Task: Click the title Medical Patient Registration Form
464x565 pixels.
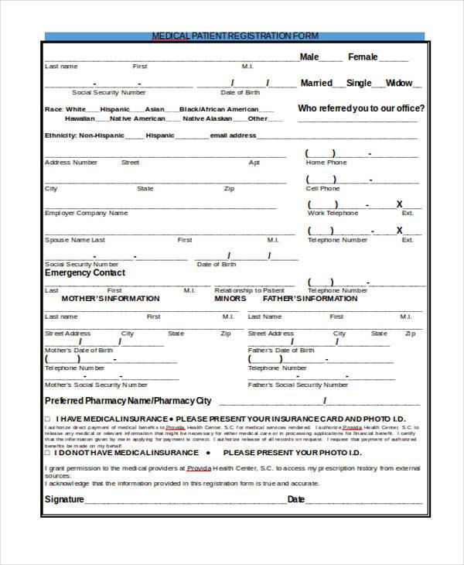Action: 234,36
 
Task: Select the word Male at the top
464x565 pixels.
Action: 309,56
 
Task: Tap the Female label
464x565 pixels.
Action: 363,56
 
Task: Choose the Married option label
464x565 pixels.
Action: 316,83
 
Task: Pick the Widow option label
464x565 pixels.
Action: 399,83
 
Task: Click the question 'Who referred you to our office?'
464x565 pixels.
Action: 360,108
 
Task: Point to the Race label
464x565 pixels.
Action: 53,109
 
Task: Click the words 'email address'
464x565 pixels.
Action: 233,135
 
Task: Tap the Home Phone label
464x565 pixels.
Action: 326,163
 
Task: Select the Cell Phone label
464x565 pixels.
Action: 322,188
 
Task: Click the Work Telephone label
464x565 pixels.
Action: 333,213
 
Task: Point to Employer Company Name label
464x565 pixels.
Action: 86,213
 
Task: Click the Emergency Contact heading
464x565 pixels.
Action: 84,273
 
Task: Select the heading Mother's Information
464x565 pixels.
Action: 110,299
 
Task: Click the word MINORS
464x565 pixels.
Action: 230,299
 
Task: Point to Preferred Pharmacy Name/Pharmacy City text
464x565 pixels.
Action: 128,401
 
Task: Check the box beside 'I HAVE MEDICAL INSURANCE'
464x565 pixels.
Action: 47,419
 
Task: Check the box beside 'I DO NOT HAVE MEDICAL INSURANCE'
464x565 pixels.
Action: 47,453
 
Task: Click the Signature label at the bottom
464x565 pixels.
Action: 63,500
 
